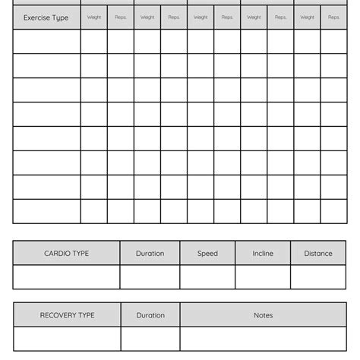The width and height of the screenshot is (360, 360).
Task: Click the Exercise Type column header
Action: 46,17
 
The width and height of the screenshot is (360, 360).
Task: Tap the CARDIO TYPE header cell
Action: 66,254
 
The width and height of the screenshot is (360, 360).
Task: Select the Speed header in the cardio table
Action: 207,254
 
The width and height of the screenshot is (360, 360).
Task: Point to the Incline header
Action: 263,254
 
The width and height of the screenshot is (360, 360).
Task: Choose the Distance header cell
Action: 317,254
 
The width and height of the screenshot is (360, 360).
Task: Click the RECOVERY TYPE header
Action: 67,315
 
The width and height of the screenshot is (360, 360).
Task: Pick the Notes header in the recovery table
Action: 263,315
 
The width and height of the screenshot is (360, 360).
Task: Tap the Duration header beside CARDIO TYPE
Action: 150,254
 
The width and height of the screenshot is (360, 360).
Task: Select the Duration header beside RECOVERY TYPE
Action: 150,315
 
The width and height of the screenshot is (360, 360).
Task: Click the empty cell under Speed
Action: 207,277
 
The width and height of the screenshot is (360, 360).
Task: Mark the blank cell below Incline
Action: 263,277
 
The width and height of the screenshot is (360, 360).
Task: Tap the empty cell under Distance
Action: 317,277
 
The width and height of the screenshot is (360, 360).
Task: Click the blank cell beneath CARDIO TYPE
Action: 66,277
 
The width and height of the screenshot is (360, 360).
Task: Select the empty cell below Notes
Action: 263,339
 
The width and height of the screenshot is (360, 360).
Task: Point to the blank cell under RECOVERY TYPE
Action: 67,339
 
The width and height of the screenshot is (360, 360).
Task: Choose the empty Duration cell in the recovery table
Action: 150,339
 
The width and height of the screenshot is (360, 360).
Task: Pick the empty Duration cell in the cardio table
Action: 150,277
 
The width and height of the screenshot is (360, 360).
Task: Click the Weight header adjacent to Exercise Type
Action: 94,17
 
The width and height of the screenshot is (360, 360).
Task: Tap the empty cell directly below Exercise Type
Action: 46,42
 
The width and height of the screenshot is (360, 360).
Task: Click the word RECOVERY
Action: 57,315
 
